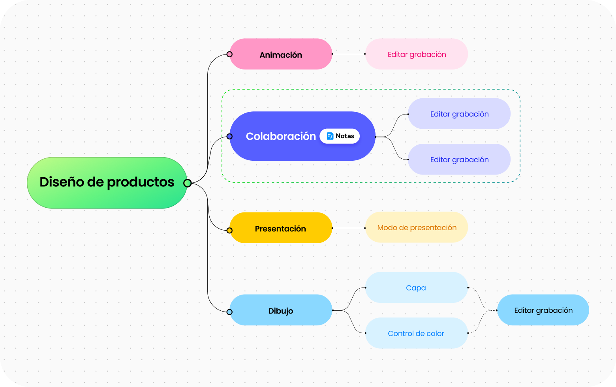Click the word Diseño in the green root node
[62, 182]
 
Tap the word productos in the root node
[141, 182]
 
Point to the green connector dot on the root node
[188, 183]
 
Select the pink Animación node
[281, 54]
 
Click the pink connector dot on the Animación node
[230, 54]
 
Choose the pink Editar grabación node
[417, 54]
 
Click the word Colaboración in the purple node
[281, 136]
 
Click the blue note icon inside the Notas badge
[330, 136]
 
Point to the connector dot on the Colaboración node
[230, 137]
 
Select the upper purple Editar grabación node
[459, 114]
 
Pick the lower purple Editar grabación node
[459, 160]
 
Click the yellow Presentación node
[280, 228]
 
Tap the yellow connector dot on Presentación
[230, 230]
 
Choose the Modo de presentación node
[417, 227]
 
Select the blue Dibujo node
[281, 310]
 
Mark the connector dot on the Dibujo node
[230, 312]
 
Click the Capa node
[416, 287]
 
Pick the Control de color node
[416, 333]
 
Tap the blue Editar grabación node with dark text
[543, 310]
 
